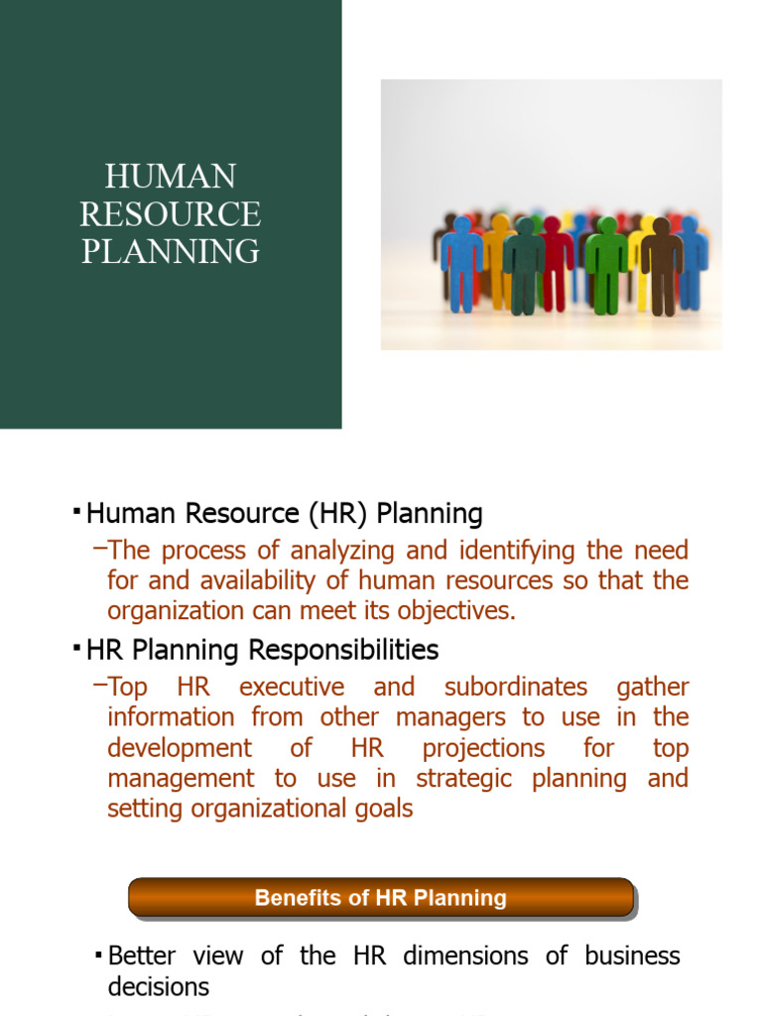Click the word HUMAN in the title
(170, 177)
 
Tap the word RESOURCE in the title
(170, 213)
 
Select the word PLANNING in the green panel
(170, 250)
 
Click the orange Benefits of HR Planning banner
(380, 898)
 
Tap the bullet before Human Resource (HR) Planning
(77, 511)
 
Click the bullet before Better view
(98, 953)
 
